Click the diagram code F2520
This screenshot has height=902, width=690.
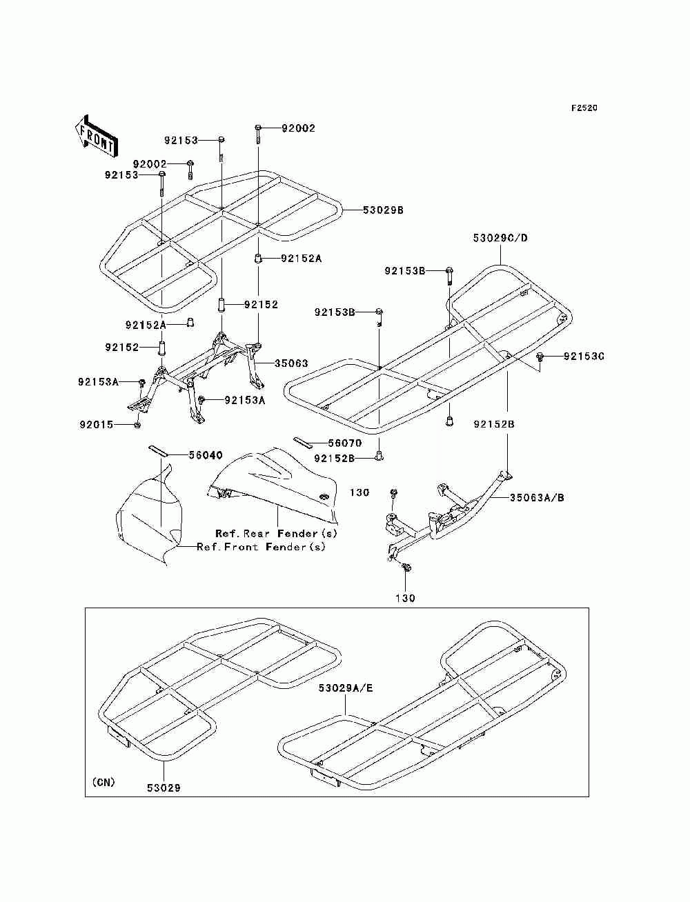(x=584, y=108)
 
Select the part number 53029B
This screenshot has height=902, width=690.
(x=383, y=210)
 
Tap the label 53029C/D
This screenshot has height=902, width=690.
(x=500, y=238)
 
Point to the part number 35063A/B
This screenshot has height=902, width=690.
(x=537, y=498)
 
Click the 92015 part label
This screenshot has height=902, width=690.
(x=96, y=425)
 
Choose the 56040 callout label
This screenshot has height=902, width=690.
(x=206, y=455)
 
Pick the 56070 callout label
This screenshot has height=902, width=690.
(x=344, y=443)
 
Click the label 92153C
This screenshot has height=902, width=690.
(x=584, y=357)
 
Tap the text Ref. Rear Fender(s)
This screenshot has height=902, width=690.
(x=276, y=534)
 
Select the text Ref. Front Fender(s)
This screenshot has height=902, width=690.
(x=261, y=547)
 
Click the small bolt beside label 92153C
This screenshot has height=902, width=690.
(x=540, y=357)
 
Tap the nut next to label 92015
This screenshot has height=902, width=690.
(x=138, y=425)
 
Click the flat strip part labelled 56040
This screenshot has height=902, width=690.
(x=158, y=450)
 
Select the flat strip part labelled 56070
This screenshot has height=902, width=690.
(x=303, y=443)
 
